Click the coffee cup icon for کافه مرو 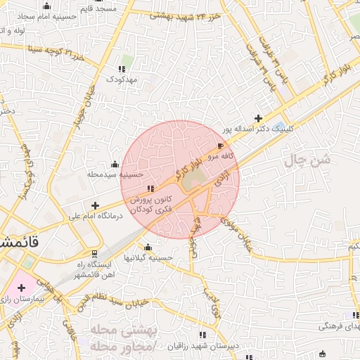221,146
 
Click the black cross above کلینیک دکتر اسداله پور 259,118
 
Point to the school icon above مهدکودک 122,69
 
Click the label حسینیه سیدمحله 115,174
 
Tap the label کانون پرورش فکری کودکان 150,205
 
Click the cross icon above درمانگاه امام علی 96,205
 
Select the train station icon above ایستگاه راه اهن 96,253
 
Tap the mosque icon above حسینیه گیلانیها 148,247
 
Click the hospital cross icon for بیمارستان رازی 21,288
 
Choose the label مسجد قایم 119,8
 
